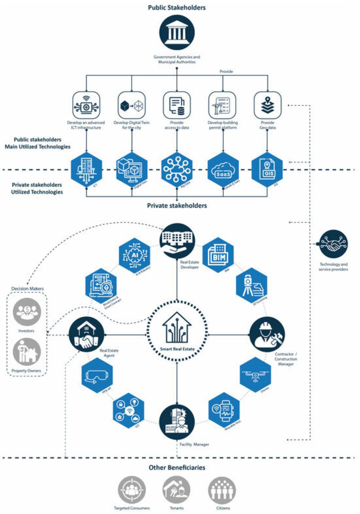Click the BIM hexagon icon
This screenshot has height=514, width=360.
pos(218,255)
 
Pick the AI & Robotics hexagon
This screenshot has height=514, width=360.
pos(135,255)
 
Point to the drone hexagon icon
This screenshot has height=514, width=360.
pos(255,375)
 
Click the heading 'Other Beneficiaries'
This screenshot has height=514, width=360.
pos(177,468)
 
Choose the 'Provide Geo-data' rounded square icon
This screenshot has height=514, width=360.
pos(267,105)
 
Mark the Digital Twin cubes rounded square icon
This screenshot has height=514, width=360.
pos(132,105)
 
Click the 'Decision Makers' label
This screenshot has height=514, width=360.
pos(27,288)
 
